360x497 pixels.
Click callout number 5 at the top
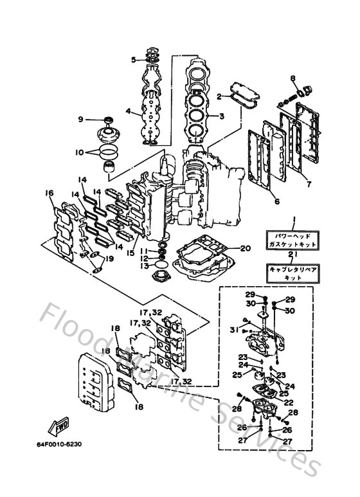134,60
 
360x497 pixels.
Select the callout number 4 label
129,111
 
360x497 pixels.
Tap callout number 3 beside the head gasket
222,116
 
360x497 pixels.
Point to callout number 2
219,96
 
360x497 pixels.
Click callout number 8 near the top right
292,79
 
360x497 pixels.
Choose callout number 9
81,120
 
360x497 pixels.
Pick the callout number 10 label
80,152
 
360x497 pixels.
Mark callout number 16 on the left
49,192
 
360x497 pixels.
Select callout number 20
244,248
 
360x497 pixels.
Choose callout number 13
146,265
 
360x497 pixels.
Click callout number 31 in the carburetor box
233,330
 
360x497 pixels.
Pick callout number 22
289,402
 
